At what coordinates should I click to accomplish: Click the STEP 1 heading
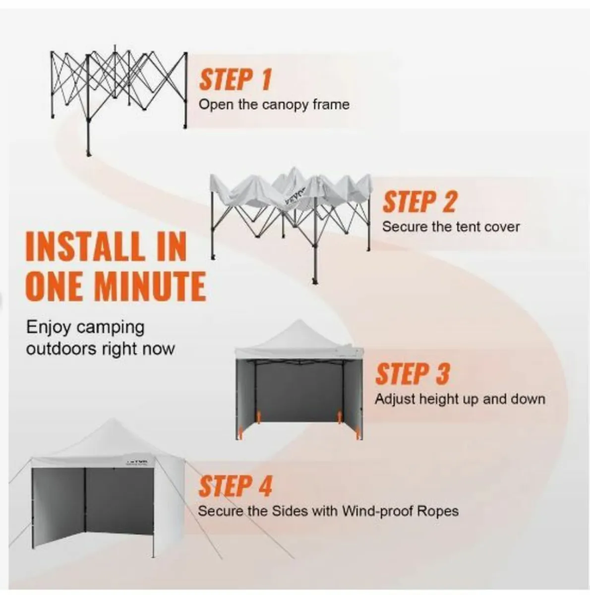pyautogui.click(x=236, y=80)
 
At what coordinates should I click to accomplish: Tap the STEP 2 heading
pyautogui.click(x=419, y=202)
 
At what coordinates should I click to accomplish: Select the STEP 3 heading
pyautogui.click(x=413, y=374)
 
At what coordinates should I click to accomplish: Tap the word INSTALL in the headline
pyautogui.click(x=85, y=246)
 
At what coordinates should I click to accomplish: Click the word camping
pyautogui.click(x=110, y=328)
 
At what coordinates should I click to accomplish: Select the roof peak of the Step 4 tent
pyautogui.click(x=113, y=420)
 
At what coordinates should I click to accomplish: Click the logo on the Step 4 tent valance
pyautogui.click(x=137, y=463)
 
